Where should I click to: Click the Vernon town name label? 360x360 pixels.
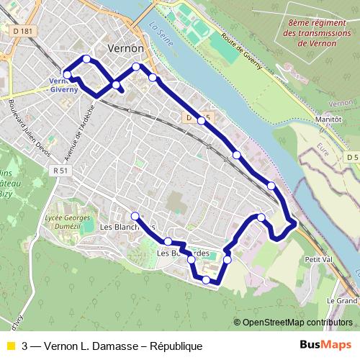click(x=125, y=48)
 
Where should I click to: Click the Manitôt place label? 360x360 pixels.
click(x=326, y=121)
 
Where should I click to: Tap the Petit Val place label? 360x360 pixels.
click(x=317, y=258)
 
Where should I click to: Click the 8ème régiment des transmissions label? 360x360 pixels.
click(x=311, y=32)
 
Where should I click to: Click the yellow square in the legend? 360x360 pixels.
click(x=10, y=346)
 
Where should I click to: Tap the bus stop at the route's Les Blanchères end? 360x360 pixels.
click(x=135, y=215)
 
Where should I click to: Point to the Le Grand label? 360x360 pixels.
click(x=342, y=300)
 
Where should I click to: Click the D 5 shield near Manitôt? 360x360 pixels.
click(x=351, y=157)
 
